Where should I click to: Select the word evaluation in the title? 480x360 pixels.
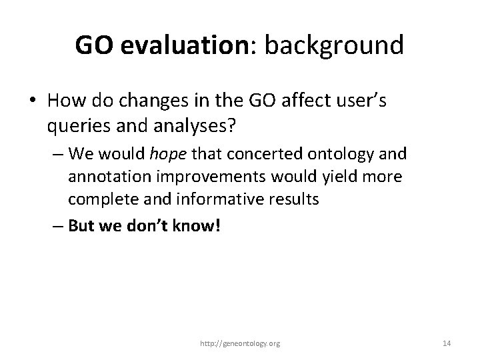175,45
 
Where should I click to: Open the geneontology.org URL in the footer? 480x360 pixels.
240,343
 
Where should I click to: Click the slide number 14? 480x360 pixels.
447,343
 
